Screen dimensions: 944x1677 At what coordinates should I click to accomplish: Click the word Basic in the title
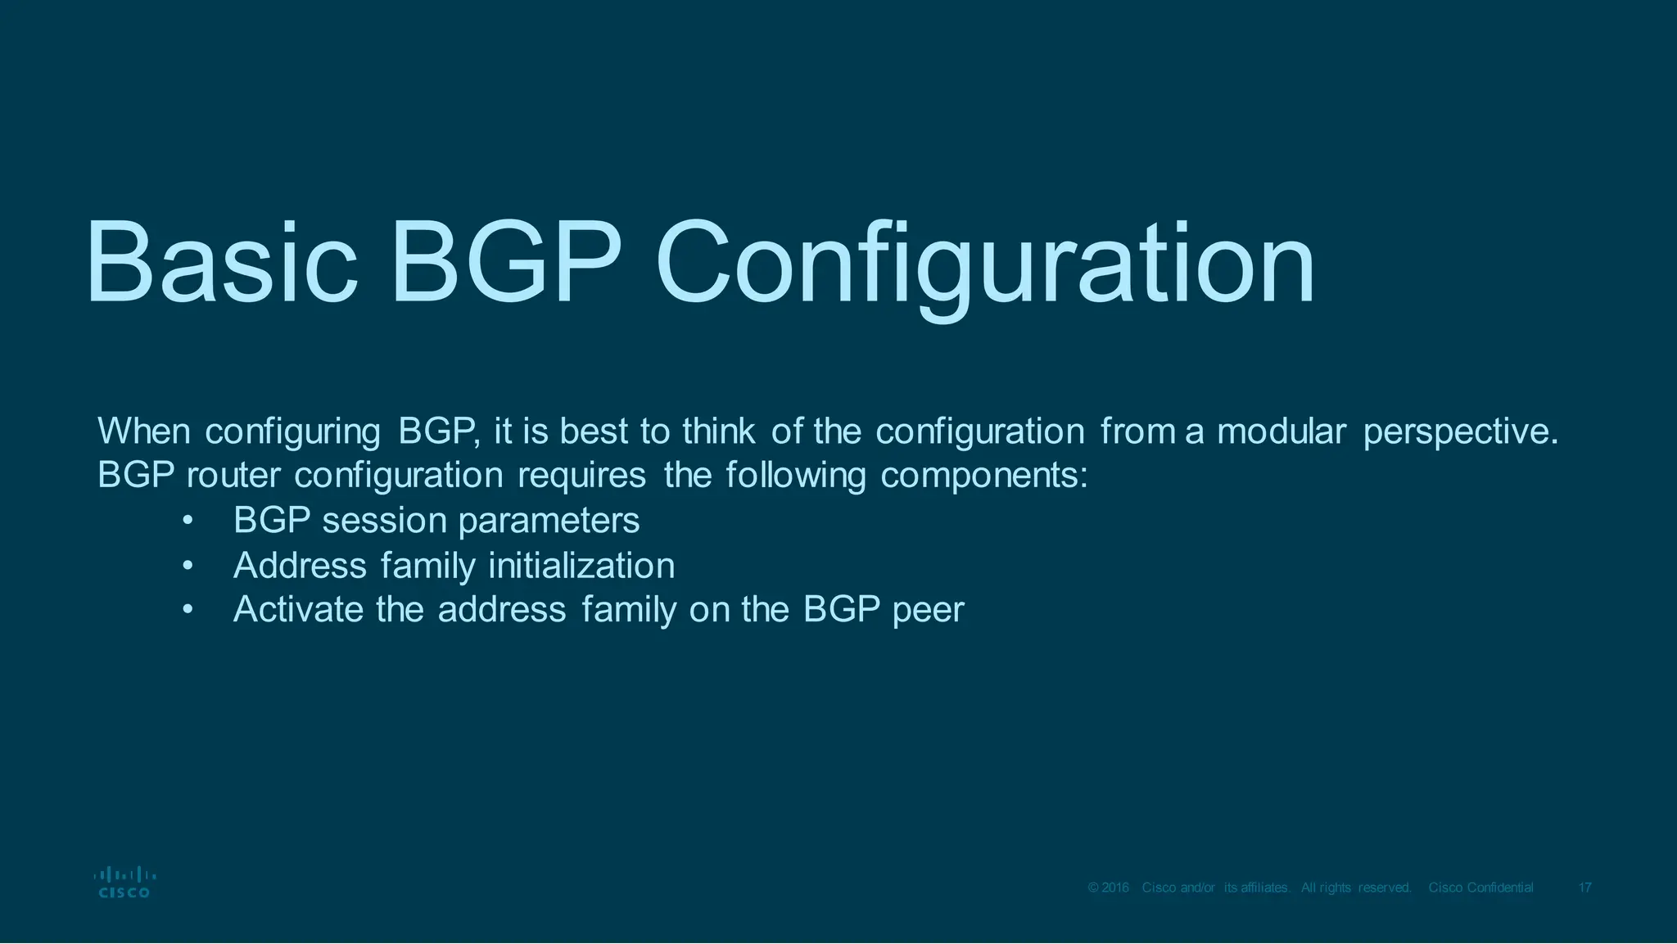coord(221,262)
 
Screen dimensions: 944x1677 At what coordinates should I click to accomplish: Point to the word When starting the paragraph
coord(143,431)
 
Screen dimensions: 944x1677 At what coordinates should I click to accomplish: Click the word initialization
coord(581,566)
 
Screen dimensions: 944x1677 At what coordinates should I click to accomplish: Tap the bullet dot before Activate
coord(188,610)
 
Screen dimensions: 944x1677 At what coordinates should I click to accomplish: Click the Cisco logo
coord(124,882)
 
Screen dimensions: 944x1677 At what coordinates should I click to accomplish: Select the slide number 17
coord(1584,888)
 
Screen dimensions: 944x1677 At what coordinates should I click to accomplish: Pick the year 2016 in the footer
coord(1115,888)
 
